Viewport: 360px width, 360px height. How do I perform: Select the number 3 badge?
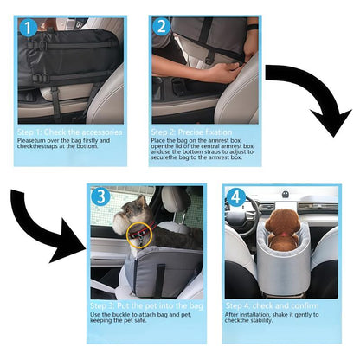click(101, 197)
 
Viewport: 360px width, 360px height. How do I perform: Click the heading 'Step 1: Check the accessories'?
click(69, 132)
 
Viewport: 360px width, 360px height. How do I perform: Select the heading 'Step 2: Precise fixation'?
click(196, 132)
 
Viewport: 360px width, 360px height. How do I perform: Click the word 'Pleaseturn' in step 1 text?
click(33, 141)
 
